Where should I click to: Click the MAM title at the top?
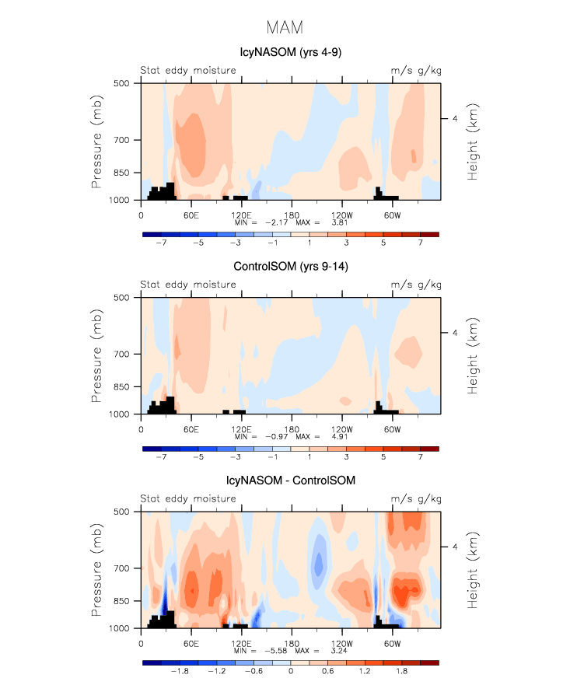(284, 28)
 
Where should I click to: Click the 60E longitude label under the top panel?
(190, 215)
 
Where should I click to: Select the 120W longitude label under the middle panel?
(341, 429)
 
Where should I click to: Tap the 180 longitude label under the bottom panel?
(291, 643)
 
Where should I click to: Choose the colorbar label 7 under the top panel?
(421, 243)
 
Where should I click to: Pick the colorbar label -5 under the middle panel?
(198, 457)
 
